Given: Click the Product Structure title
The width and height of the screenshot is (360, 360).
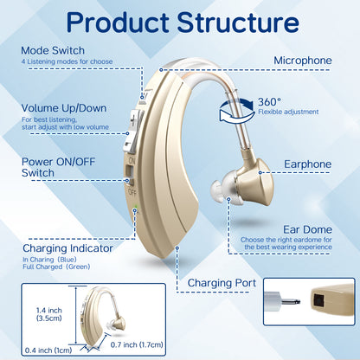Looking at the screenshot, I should tap(180, 25).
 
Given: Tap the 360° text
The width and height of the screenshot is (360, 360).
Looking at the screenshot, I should tap(269, 102).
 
